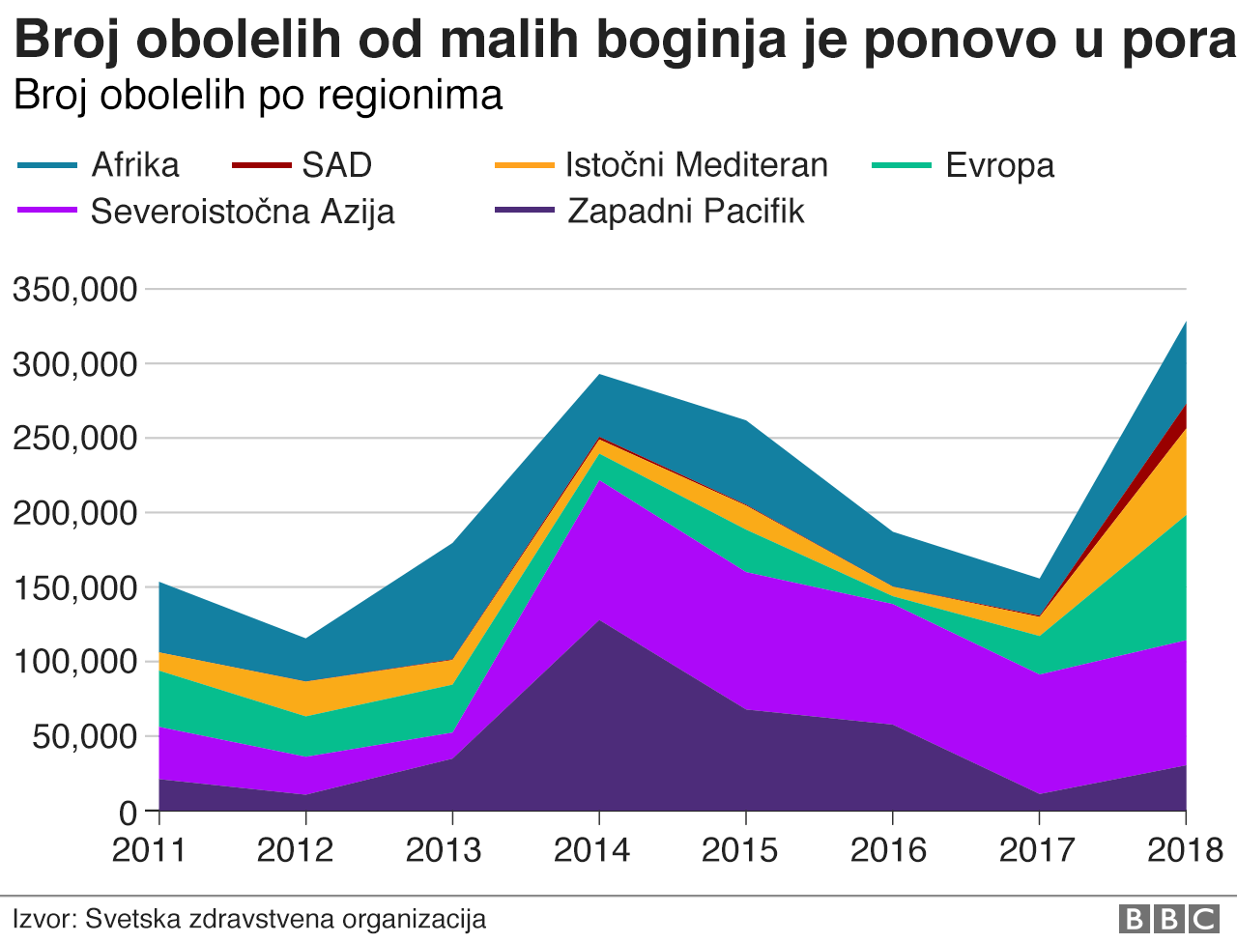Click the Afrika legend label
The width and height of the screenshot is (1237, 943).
coord(135,165)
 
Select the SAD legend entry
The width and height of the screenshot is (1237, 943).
coord(336,165)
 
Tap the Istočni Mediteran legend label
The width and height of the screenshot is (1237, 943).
coord(697,165)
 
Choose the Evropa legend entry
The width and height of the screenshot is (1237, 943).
coord(999,165)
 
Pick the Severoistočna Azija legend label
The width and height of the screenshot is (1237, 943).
coord(243,212)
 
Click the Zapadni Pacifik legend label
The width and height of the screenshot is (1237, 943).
coord(685,212)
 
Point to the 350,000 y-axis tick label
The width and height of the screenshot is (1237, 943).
coord(74,290)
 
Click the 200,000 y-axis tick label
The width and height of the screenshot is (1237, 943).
coord(74,513)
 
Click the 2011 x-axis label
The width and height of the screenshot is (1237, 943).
coord(149,850)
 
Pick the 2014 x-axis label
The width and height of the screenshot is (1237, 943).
coord(591,850)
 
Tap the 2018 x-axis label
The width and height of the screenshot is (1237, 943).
coord(1185,850)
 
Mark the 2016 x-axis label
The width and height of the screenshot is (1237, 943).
coord(888,850)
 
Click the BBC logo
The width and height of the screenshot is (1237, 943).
coord(1169,919)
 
